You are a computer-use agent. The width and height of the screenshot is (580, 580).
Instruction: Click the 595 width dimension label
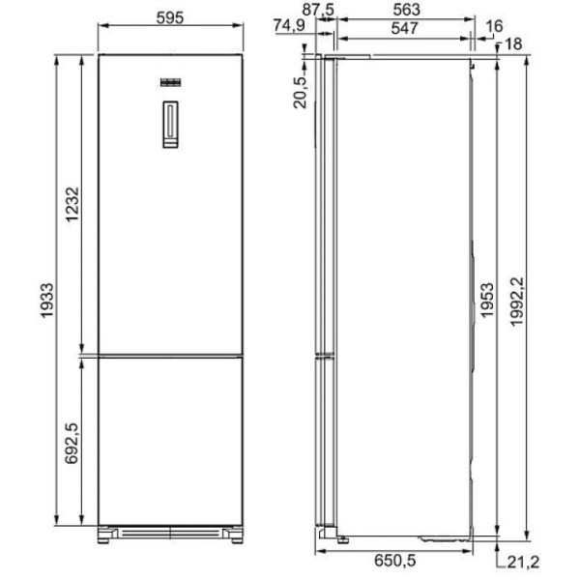170,17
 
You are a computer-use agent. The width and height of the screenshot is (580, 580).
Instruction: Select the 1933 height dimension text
47,301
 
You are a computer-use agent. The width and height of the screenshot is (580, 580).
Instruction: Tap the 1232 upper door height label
72,205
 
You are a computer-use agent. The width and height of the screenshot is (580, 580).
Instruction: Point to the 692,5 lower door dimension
72,443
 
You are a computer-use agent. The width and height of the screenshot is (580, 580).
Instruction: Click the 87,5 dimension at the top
318,10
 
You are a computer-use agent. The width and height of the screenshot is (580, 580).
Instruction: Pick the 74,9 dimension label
289,25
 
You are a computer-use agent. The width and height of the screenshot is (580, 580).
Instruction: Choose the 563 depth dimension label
406,10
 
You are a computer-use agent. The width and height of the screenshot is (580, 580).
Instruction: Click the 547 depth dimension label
405,28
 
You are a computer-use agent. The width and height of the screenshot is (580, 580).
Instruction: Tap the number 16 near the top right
494,26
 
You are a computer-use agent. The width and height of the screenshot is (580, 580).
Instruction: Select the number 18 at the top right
513,43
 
